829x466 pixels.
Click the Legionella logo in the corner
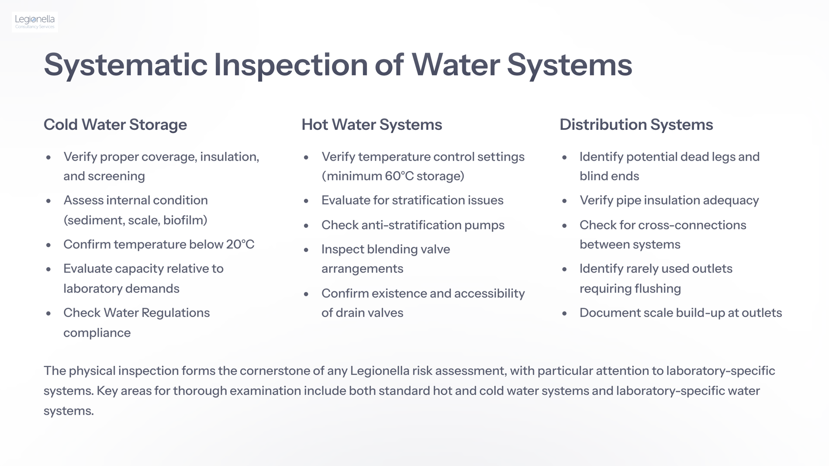(x=35, y=22)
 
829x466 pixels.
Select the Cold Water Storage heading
(x=115, y=125)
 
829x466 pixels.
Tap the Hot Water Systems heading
(x=372, y=125)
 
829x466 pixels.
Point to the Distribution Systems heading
(x=636, y=125)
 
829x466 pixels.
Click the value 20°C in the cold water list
(x=240, y=244)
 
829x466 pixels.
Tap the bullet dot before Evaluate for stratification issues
(x=306, y=201)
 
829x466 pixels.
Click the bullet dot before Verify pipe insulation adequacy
(x=564, y=201)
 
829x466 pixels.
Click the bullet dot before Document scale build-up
(x=564, y=314)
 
